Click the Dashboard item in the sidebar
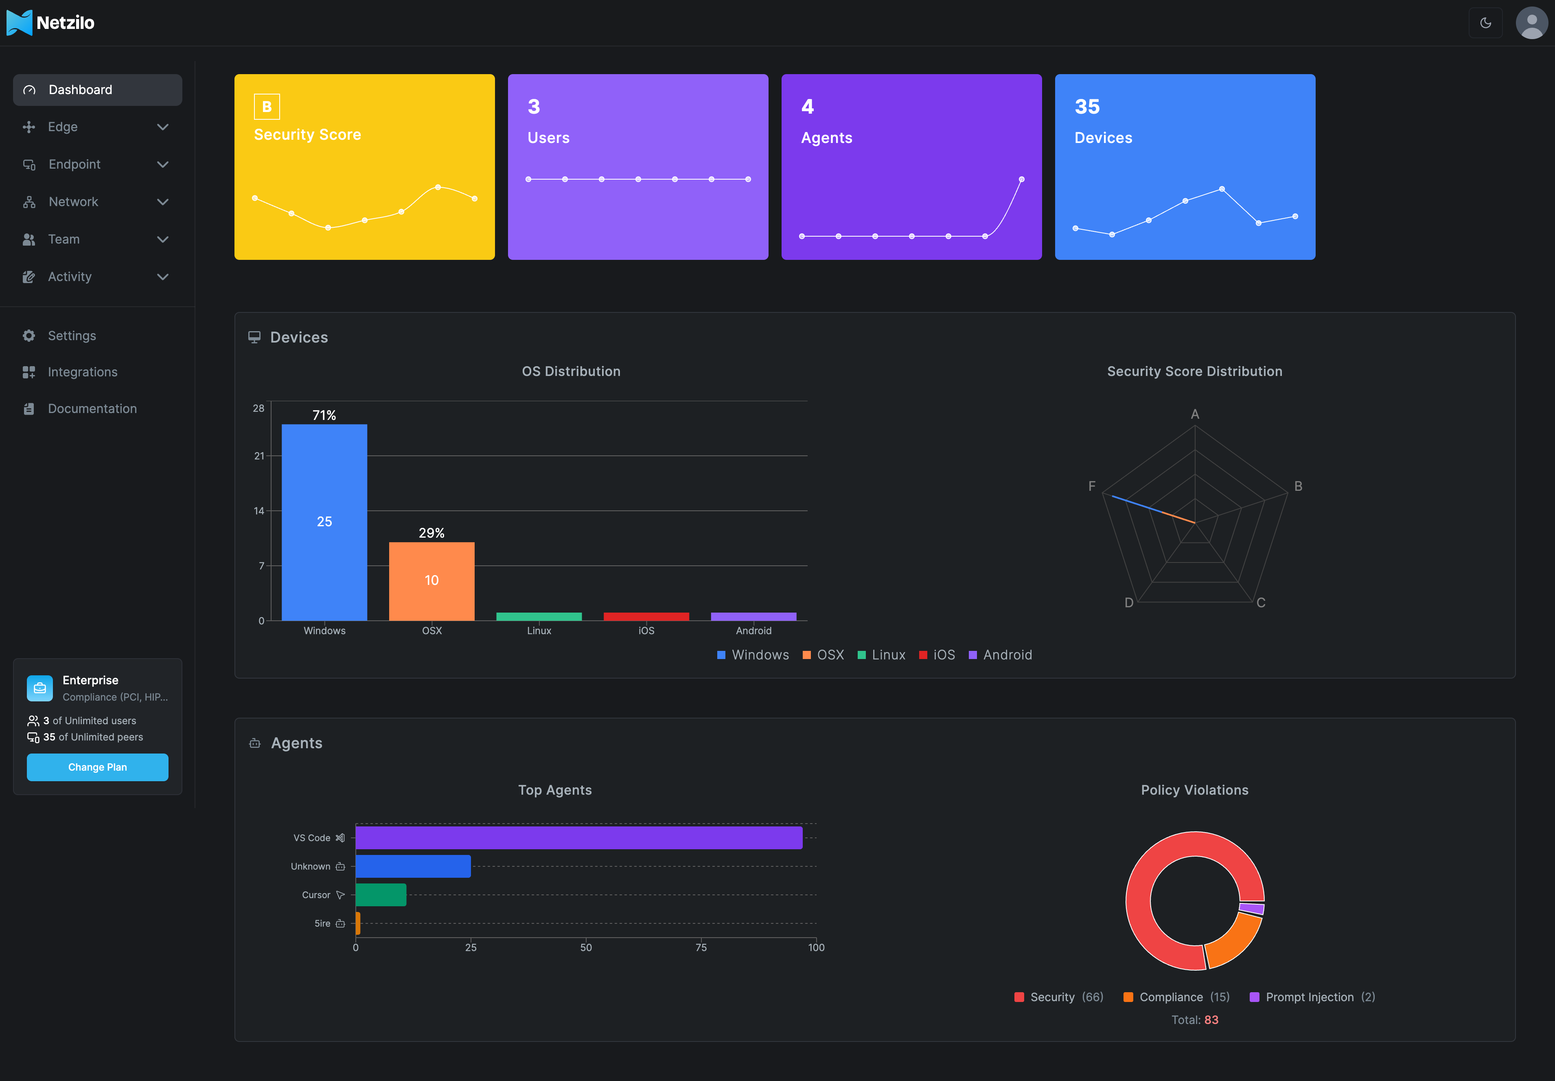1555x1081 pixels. tap(97, 90)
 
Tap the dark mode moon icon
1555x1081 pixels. tap(1485, 23)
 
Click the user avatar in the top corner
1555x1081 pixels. tap(1531, 23)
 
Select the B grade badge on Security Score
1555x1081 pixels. tap(267, 106)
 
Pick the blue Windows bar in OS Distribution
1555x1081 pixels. tap(324, 521)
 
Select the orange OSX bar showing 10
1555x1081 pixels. tap(431, 580)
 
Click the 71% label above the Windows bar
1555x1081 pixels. tap(324, 415)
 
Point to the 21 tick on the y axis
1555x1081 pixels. tap(258, 456)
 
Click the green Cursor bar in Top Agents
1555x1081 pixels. tap(381, 895)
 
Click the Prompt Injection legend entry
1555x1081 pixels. tap(1311, 997)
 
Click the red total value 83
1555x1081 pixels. tap(1211, 1020)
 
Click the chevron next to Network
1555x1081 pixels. tap(162, 202)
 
